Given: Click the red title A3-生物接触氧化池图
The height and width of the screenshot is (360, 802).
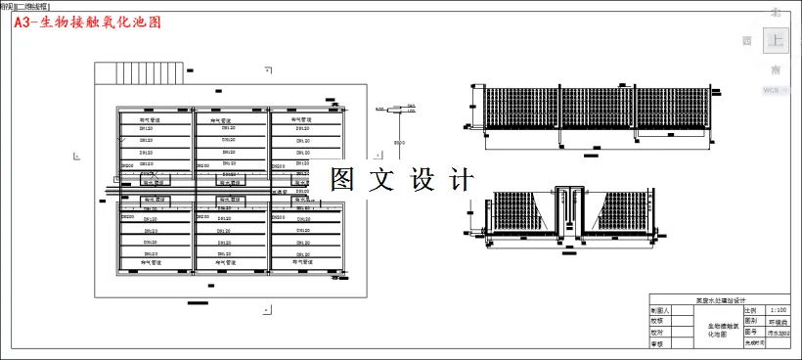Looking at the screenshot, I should point(88,22).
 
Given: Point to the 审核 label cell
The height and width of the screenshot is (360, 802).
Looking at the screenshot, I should point(658,343).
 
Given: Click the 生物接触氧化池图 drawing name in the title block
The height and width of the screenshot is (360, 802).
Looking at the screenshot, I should point(718,328).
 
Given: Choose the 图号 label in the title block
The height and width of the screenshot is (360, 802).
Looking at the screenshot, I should point(751,333).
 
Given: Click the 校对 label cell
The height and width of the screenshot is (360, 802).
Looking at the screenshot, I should point(658,332).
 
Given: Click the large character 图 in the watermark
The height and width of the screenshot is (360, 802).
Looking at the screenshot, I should point(342,179).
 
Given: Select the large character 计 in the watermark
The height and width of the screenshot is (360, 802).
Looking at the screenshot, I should point(461,179).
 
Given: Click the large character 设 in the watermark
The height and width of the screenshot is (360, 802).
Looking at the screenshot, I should point(422,179).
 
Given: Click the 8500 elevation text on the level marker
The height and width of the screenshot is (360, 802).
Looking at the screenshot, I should point(399,144).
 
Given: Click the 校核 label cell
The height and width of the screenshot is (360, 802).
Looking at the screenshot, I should point(658,321).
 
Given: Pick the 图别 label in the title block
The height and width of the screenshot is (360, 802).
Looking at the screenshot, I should point(751,321).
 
